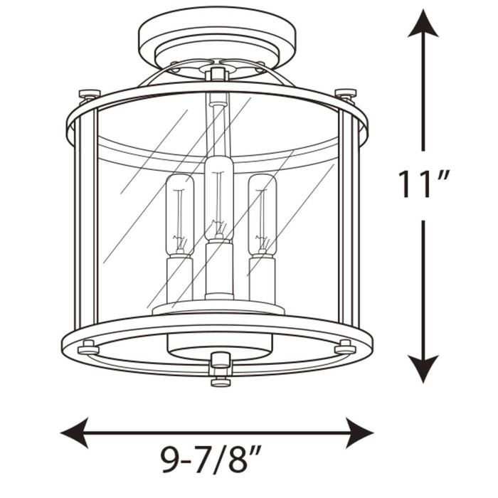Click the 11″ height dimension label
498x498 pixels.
(423, 185)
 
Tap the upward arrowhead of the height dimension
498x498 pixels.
(423, 23)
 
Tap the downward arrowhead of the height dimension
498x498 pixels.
(423, 369)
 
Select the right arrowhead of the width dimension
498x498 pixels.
(359, 433)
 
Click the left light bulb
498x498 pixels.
(180, 215)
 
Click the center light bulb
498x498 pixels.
(219, 198)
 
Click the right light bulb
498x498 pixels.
(263, 215)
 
